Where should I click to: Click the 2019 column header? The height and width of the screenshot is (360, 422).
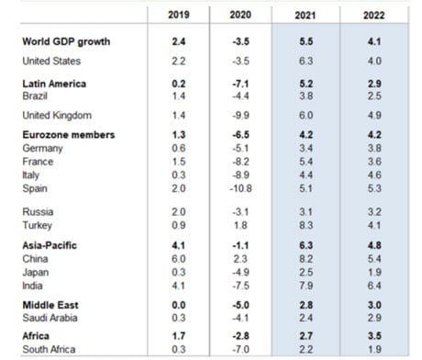click(180, 15)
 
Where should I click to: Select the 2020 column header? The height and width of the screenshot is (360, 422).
click(242, 15)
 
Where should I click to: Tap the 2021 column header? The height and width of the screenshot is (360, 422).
click(308, 15)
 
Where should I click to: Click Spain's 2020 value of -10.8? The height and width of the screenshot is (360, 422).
click(242, 187)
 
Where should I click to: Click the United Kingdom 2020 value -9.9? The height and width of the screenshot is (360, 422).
click(242, 116)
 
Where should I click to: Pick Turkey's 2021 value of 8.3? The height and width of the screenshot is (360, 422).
click(308, 226)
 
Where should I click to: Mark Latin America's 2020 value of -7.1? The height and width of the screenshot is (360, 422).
click(242, 84)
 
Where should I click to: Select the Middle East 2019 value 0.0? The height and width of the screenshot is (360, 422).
click(180, 304)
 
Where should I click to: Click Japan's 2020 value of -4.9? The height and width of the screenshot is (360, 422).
click(242, 273)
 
